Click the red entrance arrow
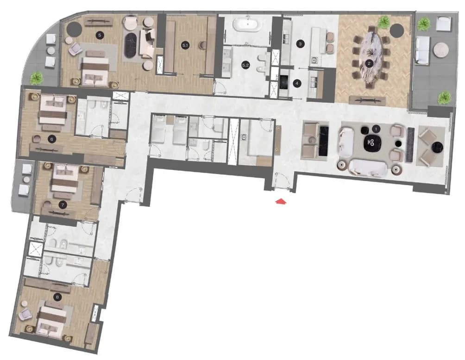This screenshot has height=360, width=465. point(281,202)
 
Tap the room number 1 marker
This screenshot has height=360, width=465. point(377,129)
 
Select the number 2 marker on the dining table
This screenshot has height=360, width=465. point(369,63)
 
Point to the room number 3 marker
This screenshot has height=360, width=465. point(301,43)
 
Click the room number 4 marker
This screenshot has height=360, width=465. point(297,84)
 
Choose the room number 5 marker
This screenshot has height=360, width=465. point(100,35)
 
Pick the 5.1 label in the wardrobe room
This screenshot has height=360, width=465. point(185,45)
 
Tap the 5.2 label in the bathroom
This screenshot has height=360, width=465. point(245,66)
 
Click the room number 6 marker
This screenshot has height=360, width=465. point(52,138)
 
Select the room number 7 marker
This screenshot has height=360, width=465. point(62,205)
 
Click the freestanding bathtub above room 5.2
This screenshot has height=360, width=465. point(247,25)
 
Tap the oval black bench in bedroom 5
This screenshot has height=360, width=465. point(131,45)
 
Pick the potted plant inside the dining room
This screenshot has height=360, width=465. point(384,21)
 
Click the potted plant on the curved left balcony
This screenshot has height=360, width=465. point(37,78)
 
